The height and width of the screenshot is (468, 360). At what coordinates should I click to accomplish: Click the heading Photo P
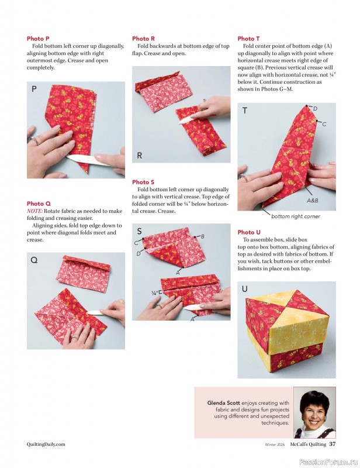[x=38, y=39]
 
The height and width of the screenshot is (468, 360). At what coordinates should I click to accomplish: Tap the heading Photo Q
[x=39, y=204]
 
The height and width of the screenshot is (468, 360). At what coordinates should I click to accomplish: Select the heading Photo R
[x=143, y=39]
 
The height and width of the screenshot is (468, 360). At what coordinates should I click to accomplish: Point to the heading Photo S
[x=143, y=182]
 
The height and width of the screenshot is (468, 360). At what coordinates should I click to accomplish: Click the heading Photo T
[x=248, y=39]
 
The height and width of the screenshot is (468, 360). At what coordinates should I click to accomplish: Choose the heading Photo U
[x=249, y=232]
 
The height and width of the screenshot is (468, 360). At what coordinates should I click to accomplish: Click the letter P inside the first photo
[x=34, y=89]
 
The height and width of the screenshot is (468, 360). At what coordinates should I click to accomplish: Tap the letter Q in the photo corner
[x=34, y=260]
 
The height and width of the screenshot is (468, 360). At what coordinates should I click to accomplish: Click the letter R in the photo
[x=139, y=156]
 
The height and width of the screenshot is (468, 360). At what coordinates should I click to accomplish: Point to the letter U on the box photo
[x=244, y=289]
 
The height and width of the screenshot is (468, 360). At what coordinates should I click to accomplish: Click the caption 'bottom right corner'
[x=296, y=216]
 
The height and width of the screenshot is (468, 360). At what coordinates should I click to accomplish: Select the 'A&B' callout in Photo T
[x=313, y=201]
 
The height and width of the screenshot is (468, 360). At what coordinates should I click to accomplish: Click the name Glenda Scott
[x=223, y=402]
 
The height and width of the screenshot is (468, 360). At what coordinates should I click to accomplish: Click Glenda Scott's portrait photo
[x=314, y=412]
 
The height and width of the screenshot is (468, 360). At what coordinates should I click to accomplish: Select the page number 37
[x=333, y=444]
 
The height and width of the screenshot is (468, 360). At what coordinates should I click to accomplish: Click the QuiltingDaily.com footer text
[x=46, y=444]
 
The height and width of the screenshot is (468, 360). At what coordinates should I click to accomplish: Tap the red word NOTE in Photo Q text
[x=34, y=211]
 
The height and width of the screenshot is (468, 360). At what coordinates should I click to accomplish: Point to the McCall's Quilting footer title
[x=308, y=444]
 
